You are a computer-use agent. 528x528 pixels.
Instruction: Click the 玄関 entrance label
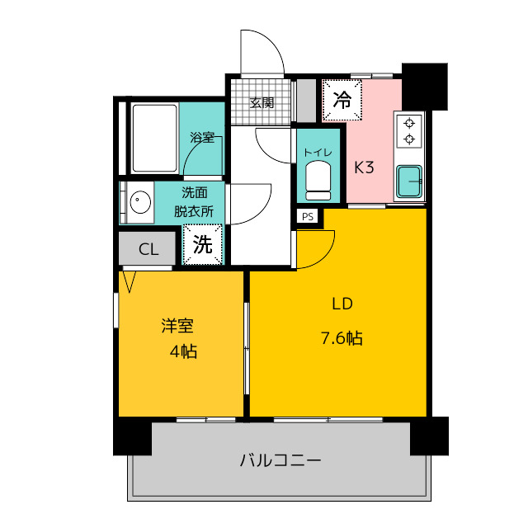pyautogui.click(x=262, y=103)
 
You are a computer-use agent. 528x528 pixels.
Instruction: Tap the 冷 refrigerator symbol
pyautogui.click(x=341, y=100)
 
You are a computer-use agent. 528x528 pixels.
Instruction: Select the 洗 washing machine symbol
pyautogui.click(x=202, y=244)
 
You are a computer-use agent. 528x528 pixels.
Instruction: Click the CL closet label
pyautogui.click(x=148, y=249)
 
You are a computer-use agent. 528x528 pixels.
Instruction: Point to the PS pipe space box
pyautogui.click(x=308, y=217)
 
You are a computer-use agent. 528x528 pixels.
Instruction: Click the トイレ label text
pyautogui.click(x=318, y=152)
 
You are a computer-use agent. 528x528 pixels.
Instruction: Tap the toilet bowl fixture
pyautogui.click(x=318, y=180)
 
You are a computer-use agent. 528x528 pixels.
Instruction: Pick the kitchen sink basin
pyautogui.click(x=409, y=181)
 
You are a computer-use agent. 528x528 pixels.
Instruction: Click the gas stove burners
pyautogui.click(x=408, y=130)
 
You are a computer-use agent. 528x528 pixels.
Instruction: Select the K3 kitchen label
pyautogui.click(x=365, y=167)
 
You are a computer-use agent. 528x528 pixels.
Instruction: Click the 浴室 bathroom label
pyautogui.click(x=202, y=137)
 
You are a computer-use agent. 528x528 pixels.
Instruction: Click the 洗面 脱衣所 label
pyautogui.click(x=194, y=202)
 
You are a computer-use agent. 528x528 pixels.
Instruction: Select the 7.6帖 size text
pyautogui.click(x=342, y=337)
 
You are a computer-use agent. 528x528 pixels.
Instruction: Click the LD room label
pyautogui.click(x=342, y=304)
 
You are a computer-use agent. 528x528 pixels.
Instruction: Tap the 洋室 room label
pyautogui.click(x=177, y=326)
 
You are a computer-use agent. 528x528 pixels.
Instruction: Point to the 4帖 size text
pyautogui.click(x=183, y=351)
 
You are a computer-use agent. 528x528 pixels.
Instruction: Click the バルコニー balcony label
pyautogui.click(x=280, y=460)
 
